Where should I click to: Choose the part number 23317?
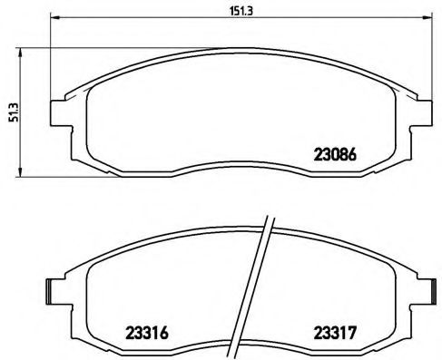(335, 332)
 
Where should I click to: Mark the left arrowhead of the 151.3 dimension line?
(54, 18)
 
